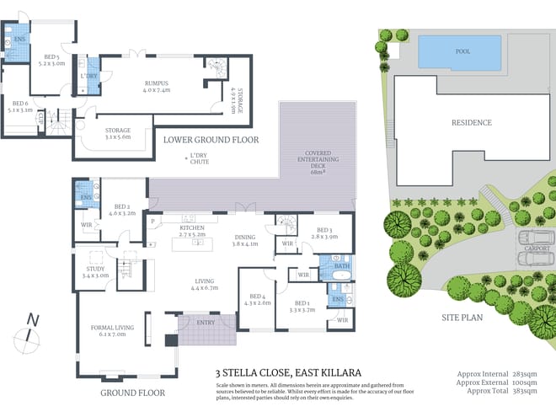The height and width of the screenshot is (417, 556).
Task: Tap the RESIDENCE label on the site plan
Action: (471, 122)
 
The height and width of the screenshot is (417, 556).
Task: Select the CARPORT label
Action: (536, 249)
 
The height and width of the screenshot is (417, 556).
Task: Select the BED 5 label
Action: (52, 58)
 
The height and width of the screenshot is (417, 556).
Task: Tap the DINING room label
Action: (246, 239)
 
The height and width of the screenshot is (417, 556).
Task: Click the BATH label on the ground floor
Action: (340, 266)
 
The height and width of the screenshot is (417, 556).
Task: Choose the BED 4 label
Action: (257, 298)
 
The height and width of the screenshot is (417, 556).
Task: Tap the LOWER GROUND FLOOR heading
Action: (211, 140)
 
